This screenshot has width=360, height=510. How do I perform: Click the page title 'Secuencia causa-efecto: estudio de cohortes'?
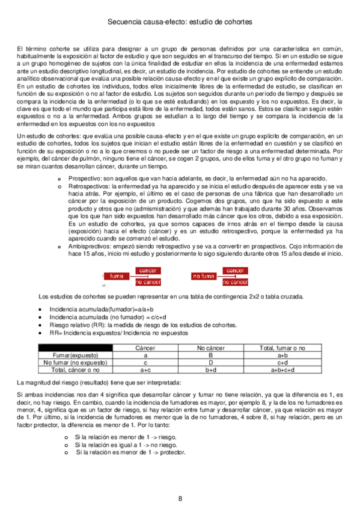tap(180, 22)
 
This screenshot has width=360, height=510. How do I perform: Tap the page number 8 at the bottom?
tap(180, 499)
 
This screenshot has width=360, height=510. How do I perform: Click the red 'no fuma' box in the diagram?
tap(204, 276)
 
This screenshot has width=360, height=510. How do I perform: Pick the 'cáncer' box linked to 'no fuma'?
tap(235, 271)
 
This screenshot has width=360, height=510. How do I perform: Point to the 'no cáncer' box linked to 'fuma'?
tap(148, 281)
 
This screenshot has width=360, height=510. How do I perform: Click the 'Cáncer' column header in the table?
tap(145, 348)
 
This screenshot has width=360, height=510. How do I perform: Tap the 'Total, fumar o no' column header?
tap(282, 348)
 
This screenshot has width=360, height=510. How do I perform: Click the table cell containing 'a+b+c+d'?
tap(282, 370)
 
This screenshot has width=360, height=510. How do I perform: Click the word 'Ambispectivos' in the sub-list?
tap(88, 247)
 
